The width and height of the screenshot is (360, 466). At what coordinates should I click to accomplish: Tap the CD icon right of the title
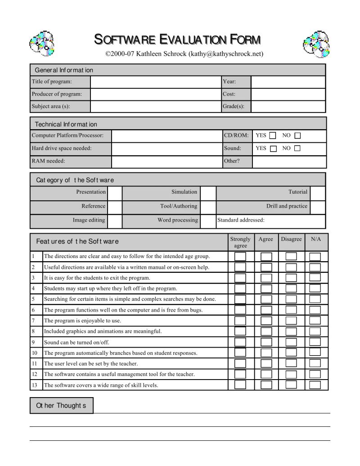point(316,44)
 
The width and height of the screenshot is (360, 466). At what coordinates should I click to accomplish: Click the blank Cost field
point(288,94)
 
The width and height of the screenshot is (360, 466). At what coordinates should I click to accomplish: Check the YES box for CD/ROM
point(273,136)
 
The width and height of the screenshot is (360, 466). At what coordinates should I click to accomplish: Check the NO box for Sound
point(297,148)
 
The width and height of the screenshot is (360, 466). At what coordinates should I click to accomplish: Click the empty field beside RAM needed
point(166,161)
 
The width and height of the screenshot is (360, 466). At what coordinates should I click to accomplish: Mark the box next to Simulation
point(208,192)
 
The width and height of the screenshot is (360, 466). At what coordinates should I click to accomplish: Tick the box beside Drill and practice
point(318,207)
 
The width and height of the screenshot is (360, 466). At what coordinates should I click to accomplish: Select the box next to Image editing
point(115,221)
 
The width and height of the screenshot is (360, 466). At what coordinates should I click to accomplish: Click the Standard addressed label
point(241,221)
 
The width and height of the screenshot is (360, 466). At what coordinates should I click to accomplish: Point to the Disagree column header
point(291,239)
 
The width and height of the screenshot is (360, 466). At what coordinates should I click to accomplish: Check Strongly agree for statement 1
point(240,257)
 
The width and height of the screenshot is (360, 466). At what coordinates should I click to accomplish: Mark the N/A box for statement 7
point(315,321)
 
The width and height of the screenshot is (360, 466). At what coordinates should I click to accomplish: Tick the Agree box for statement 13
point(266,385)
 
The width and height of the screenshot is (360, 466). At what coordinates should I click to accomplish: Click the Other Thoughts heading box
point(61,405)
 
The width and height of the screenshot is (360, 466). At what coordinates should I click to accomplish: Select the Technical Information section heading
point(66,124)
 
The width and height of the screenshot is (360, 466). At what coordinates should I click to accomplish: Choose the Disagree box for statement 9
point(291,342)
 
